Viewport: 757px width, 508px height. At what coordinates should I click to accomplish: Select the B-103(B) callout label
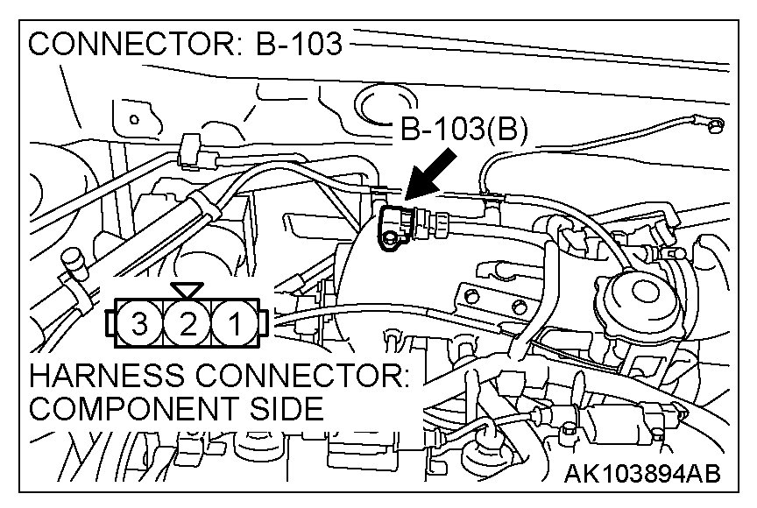(463, 131)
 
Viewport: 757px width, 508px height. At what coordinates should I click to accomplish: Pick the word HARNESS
(96, 377)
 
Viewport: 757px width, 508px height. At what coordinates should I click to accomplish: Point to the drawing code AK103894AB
(643, 475)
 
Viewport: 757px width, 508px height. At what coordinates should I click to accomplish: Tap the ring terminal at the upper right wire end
(714, 129)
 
